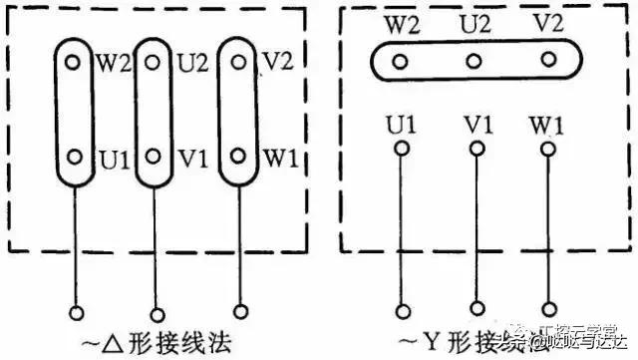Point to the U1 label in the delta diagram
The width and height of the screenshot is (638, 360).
[108, 158]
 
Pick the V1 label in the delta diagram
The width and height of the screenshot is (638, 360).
[191, 158]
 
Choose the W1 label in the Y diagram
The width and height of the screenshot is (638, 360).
[546, 127]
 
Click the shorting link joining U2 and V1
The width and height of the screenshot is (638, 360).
[155, 110]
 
